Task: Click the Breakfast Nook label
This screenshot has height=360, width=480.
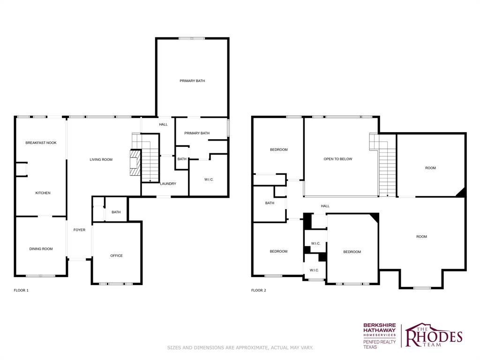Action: pos(41,142)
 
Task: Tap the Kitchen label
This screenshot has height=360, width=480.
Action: pos(43,193)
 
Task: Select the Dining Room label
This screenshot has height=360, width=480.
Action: pos(41,249)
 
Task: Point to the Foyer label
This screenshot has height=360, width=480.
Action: pos(79,230)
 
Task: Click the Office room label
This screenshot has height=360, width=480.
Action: pos(116,255)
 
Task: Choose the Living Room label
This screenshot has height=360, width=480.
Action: pos(101,159)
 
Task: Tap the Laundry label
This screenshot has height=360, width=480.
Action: pos(168,184)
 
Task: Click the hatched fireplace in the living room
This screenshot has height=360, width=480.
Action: pos(135,162)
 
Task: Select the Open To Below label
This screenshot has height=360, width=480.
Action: pos(338,159)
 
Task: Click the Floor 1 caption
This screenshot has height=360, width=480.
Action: pos(21,291)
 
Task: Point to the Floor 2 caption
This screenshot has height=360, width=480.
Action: pos(258,291)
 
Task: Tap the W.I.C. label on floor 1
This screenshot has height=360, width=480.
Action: pos(209,180)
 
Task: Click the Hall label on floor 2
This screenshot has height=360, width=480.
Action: pos(325,206)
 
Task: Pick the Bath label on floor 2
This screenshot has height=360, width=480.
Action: pos(270,203)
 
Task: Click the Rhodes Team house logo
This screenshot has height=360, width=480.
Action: pos(434,335)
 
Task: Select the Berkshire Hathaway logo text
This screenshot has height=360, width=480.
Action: pos(379,330)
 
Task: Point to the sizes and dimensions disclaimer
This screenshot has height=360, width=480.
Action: pos(240,347)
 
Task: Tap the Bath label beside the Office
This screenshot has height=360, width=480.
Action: pos(116,212)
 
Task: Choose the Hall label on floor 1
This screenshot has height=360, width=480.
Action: pos(163,125)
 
